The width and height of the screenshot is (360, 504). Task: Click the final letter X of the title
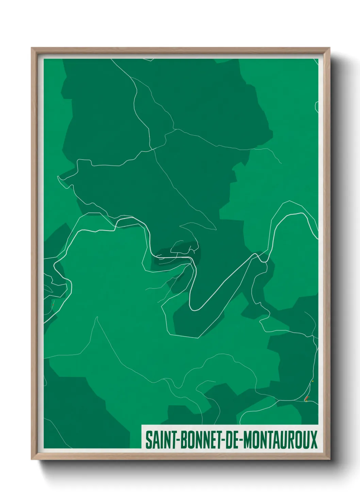point(313,440)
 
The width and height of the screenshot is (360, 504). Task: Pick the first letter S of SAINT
point(148,440)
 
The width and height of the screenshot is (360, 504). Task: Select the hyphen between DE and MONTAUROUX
point(241,441)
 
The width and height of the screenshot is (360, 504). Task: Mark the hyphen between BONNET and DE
point(221,441)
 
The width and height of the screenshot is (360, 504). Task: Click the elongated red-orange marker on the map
point(307,398)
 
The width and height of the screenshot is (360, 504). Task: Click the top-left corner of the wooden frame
point(32,48)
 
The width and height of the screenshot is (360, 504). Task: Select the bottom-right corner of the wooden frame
point(329,459)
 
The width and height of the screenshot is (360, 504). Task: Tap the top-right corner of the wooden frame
point(329,48)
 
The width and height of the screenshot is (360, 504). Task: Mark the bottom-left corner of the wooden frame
point(32,459)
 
